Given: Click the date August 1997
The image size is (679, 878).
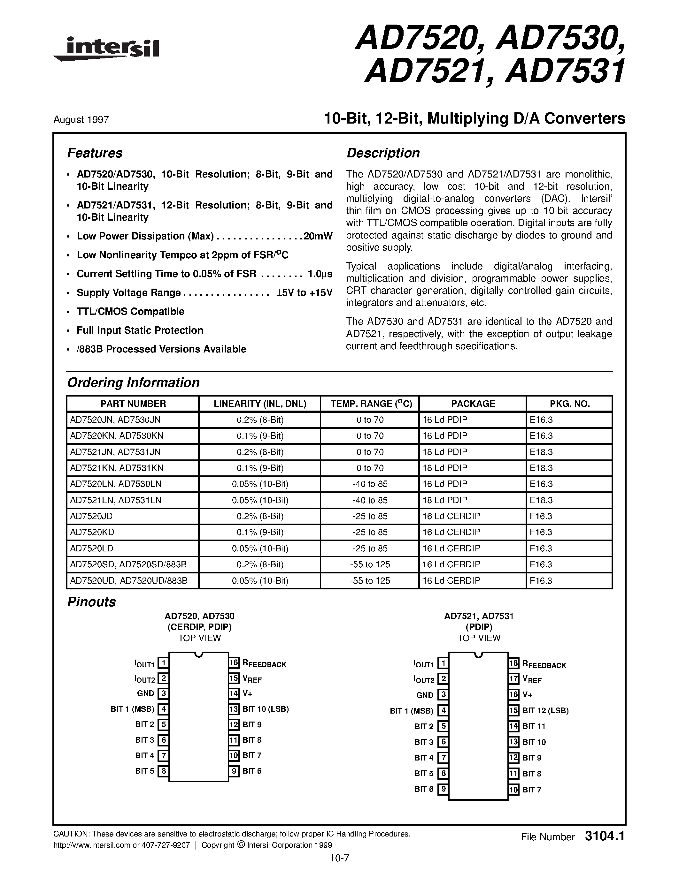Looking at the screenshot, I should pos(81,120).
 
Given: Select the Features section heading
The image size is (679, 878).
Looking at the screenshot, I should pos(95,153).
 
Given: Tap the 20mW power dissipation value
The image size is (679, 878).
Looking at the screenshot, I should pos(318,236).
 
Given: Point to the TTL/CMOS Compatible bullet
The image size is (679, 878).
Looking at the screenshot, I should pos(130,312).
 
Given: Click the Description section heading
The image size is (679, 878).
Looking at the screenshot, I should pos(382,153).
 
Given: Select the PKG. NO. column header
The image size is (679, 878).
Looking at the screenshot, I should pos(569,404).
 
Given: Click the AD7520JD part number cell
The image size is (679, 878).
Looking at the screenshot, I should pos(92,516).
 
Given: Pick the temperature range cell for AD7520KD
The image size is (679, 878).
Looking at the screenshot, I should pos(370,532).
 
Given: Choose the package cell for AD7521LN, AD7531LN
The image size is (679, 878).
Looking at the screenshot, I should pos(444,500).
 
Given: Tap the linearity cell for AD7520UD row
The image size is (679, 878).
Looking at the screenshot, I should pos(260,580).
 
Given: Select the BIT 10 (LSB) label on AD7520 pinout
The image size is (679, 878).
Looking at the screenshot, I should pos(266,709).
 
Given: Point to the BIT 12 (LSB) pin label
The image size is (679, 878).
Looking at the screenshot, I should pos(545,710).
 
